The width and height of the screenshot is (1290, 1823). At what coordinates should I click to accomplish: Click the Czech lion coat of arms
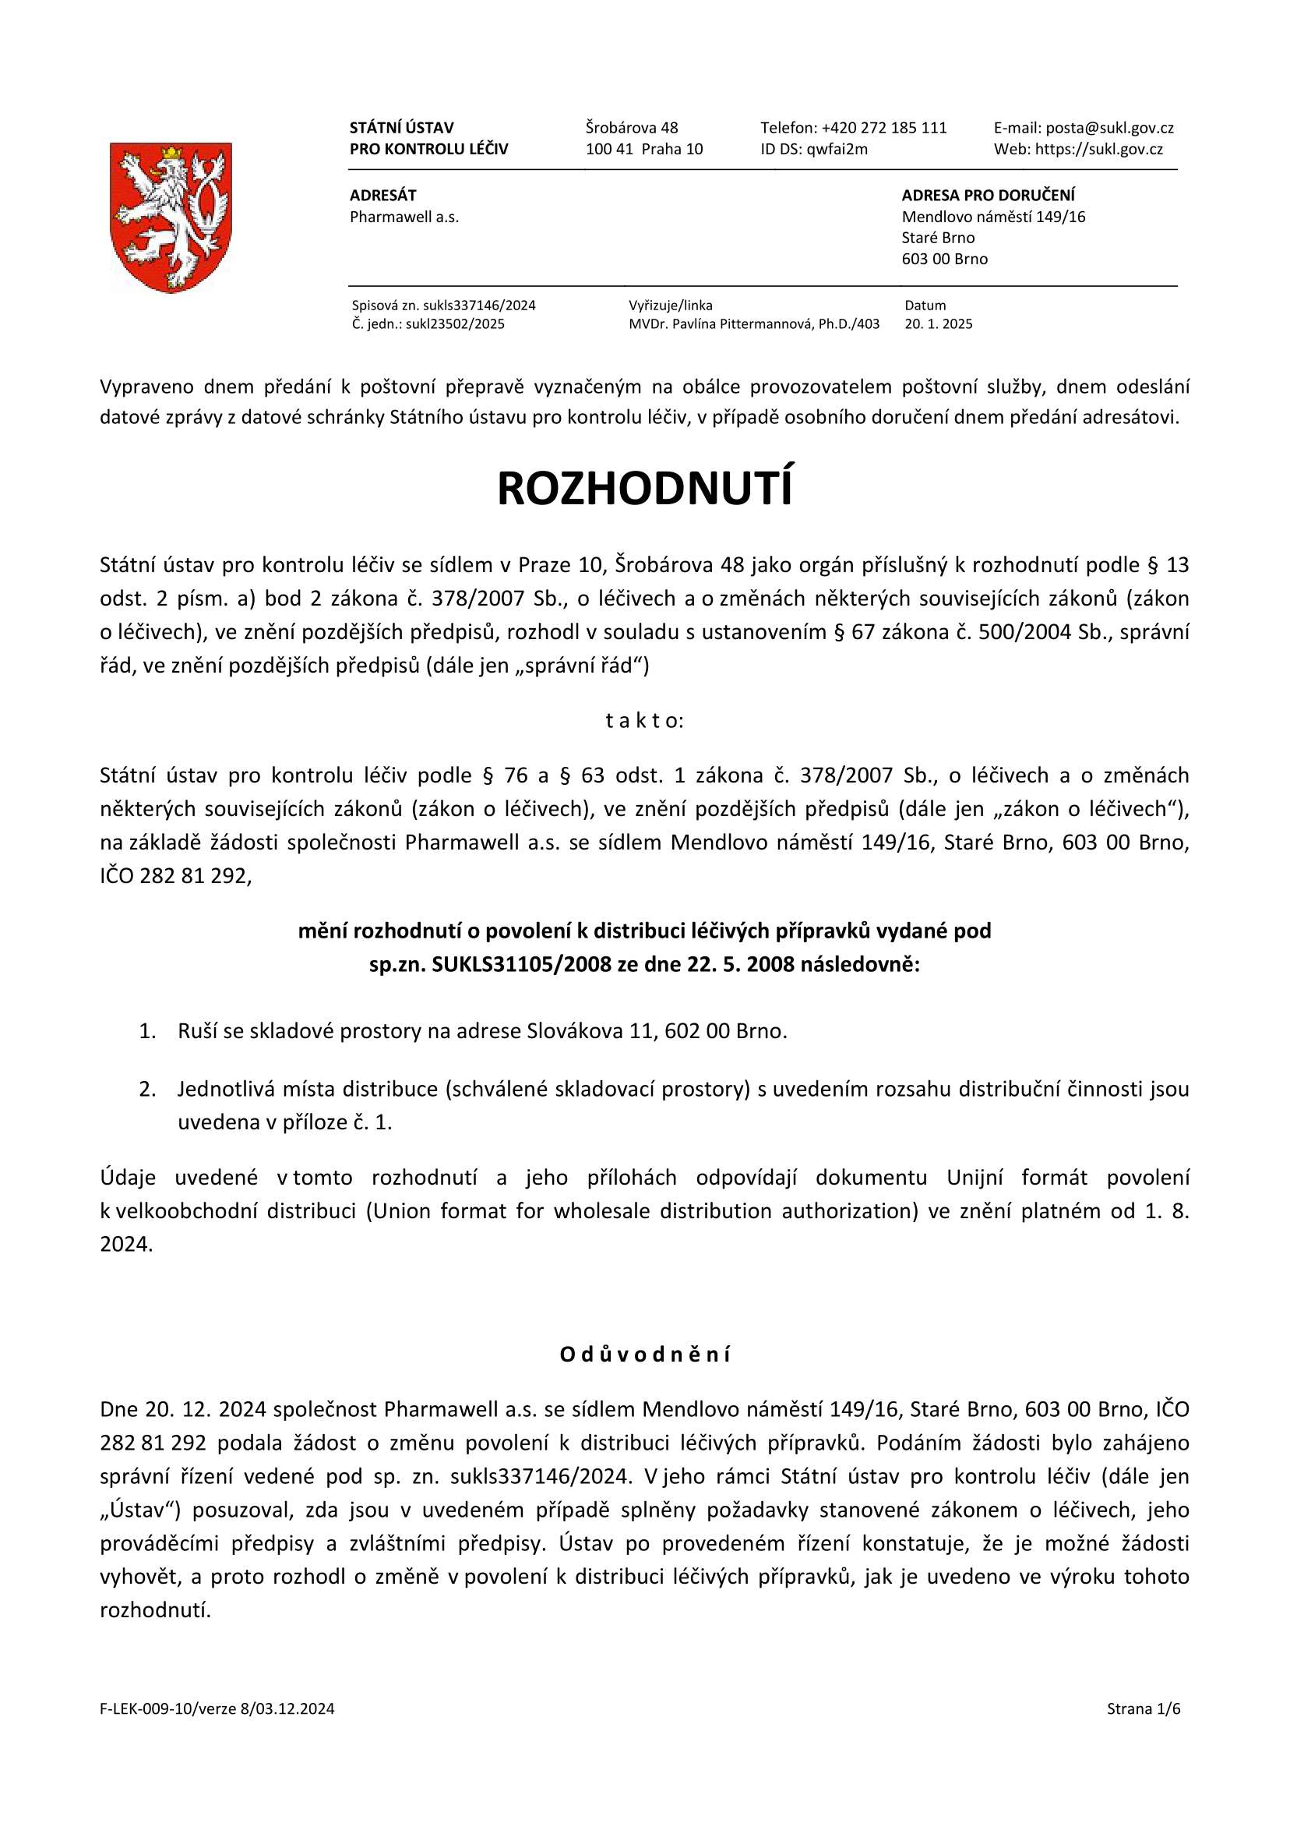[171, 217]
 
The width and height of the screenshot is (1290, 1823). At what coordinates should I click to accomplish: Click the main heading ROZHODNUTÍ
[644, 489]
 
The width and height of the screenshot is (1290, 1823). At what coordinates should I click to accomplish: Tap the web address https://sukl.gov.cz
[1098, 150]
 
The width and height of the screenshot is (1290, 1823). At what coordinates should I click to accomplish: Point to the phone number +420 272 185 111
[884, 128]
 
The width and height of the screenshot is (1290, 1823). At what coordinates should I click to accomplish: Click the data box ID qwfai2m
[837, 150]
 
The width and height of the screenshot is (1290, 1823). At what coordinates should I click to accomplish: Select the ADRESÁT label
[382, 196]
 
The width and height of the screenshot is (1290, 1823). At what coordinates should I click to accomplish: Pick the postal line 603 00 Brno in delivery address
[944, 259]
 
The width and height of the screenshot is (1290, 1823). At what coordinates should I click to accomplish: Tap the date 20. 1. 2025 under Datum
[938, 324]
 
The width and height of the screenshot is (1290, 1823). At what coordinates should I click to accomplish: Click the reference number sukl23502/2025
[455, 324]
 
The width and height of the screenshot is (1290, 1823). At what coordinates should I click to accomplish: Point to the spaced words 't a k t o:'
[644, 721]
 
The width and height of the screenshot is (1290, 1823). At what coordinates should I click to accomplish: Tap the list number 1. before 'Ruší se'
[148, 1031]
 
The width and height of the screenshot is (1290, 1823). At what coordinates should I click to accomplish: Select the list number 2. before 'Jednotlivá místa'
[148, 1089]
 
